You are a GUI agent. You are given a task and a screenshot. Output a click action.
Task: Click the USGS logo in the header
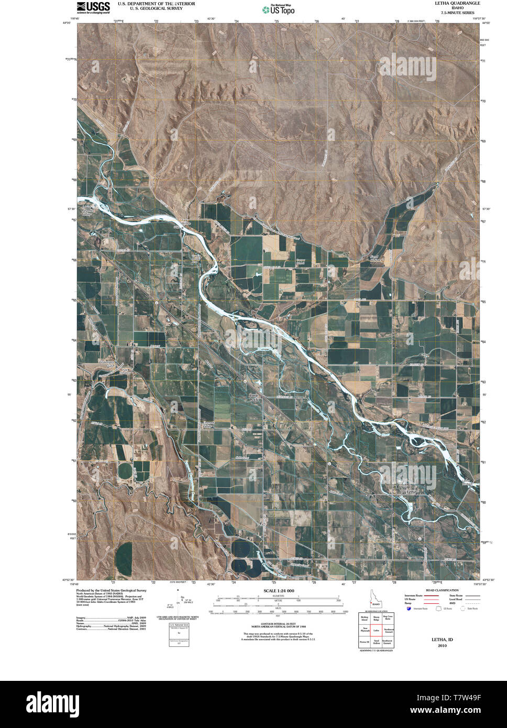click(93, 7)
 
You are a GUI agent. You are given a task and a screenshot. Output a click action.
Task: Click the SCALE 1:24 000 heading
click(278, 591)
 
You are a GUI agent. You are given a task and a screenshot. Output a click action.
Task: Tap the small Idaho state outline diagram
click(373, 597)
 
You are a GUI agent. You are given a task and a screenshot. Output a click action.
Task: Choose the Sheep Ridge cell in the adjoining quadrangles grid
click(376, 618)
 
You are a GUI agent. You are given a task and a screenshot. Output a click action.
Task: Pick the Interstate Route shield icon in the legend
click(409, 609)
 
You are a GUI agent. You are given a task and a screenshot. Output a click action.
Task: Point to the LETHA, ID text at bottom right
click(442, 639)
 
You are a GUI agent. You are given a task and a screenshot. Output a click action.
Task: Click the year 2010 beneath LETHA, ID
click(442, 646)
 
